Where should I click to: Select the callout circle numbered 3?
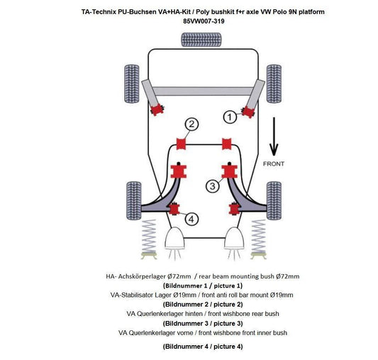[x=211, y=186]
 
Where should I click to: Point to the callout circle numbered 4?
[x=192, y=219]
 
